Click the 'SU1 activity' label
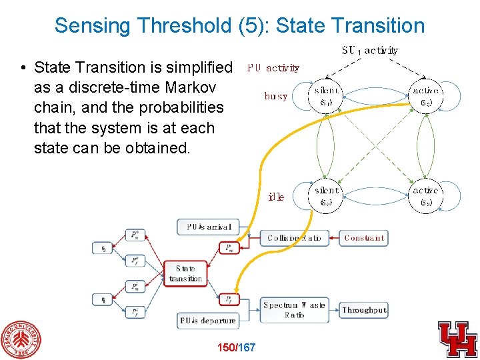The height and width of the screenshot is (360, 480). coord(370,50)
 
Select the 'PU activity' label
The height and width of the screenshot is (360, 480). coord(273,67)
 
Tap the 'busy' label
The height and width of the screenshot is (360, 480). coord(276,96)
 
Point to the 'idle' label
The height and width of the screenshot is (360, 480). coord(276,197)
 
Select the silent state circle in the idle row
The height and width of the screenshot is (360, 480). coord(327,196)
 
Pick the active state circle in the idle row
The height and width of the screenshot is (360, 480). coord(426,196)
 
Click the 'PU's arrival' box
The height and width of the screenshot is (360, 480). coord(208,227)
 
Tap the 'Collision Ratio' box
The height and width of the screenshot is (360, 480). coord(294,238)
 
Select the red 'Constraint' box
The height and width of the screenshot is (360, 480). coord(364,238)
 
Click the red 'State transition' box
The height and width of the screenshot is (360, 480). coord(185,274)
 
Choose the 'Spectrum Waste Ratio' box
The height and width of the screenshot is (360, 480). coord(294,310)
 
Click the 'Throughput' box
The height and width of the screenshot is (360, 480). coord(364,310)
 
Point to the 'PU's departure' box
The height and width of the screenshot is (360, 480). coord(208,321)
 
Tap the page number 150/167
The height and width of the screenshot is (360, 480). coord(237,347)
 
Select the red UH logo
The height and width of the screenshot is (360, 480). coord(457,339)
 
